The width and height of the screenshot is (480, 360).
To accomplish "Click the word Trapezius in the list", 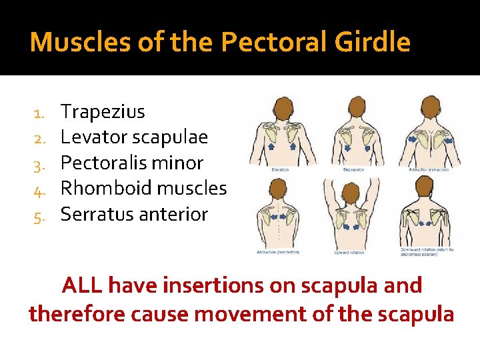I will pyautogui.click(x=103, y=112).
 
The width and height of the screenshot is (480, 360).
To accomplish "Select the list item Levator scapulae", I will pyautogui.click(x=134, y=138).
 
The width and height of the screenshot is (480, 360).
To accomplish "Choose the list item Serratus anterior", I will pyautogui.click(x=134, y=215).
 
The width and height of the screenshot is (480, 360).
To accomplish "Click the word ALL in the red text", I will pyautogui.click(x=82, y=285).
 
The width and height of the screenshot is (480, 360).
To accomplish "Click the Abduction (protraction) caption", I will pyautogui.click(x=279, y=252).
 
